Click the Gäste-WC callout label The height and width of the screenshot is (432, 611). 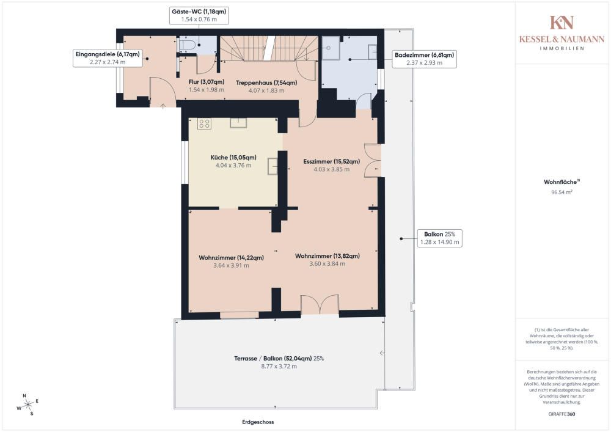[x=199, y=15]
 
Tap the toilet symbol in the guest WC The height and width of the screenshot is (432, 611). [x=187, y=44]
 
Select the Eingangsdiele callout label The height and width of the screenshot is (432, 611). [x=108, y=58]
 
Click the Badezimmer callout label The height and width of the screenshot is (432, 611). [x=425, y=59]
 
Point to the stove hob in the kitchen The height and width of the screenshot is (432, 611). [x=205, y=124]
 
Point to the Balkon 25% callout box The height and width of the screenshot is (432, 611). [x=439, y=238]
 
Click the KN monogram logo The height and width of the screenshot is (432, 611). [x=562, y=23]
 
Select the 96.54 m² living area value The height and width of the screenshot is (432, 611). [x=562, y=192]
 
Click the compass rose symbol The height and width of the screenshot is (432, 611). [x=27, y=405]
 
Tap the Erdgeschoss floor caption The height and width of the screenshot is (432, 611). [x=258, y=422]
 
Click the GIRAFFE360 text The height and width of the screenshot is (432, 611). [x=562, y=414]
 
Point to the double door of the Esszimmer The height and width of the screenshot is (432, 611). [x=373, y=161]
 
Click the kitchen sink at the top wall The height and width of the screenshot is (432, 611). [x=238, y=123]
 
